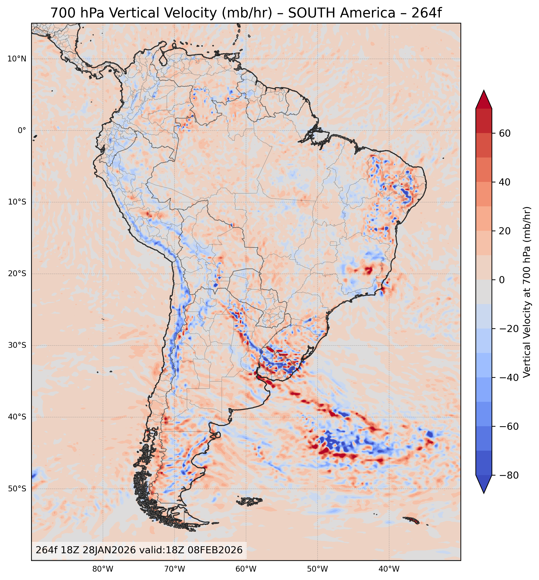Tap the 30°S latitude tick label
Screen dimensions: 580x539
coord(17,345)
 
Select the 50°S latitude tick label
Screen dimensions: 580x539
coord(17,489)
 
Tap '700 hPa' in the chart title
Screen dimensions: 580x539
coord(77,13)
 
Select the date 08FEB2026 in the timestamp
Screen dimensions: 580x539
coord(215,550)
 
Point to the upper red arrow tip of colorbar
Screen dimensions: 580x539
coord(484,92)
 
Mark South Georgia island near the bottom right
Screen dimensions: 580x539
coord(411,520)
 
